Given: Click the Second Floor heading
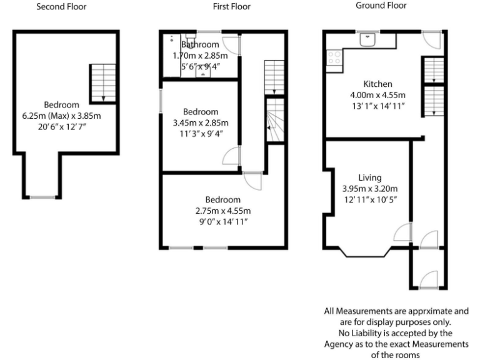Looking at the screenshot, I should coord(61,7).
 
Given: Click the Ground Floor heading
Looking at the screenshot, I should coord(381,6).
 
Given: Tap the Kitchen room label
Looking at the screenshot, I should coord(378,84).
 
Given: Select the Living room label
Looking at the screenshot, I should coord(370,177).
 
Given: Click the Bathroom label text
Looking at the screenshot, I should coord(200,44).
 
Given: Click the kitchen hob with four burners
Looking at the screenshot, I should coord(333,57).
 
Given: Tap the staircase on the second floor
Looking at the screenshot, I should coord(99,82).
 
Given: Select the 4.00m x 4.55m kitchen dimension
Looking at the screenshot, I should coord(377,96).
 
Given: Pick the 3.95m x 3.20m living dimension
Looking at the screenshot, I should coord(370,189).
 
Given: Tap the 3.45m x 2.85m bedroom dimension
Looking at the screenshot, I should coord(200,122).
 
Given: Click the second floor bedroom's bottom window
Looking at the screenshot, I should coord(43,197).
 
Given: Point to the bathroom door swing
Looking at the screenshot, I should coord(231,44).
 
